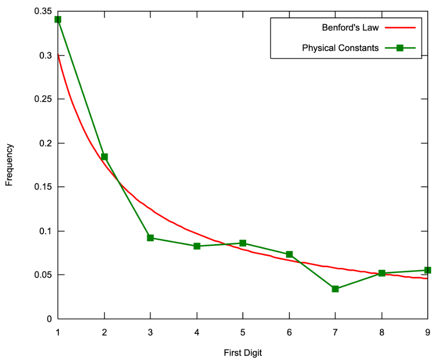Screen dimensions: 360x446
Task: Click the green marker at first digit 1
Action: (58, 19)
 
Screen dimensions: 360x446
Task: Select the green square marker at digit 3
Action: (150, 238)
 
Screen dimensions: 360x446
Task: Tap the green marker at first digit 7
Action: (335, 289)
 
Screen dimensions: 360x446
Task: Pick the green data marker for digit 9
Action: (428, 270)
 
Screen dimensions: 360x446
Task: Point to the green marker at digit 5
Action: (243, 243)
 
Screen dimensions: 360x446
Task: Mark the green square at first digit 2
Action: (104, 157)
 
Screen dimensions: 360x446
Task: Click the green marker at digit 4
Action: (197, 246)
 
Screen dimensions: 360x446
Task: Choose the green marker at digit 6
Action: (289, 254)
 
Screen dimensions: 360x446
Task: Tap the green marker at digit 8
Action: (382, 273)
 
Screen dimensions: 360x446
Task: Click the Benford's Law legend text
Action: (350, 28)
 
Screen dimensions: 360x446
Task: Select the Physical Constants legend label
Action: (340, 48)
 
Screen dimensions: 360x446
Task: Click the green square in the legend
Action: (400, 48)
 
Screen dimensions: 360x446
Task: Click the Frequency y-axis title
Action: (9, 165)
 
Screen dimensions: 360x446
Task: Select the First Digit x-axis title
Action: (243, 353)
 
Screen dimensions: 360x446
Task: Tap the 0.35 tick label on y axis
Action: (43, 11)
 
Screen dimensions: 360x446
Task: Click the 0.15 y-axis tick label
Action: (43, 187)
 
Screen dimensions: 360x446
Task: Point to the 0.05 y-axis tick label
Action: (43, 275)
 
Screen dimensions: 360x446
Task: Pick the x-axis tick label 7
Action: (335, 332)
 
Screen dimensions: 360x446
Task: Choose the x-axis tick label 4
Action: (197, 332)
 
